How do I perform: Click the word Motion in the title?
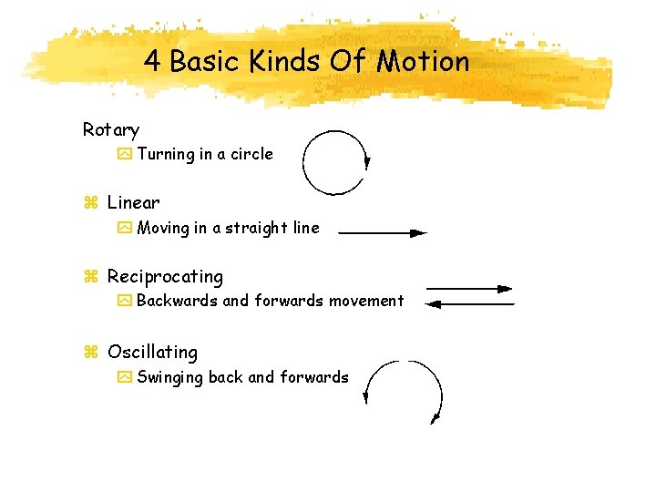click(424, 61)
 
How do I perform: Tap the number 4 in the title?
click(152, 61)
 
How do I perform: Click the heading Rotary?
click(110, 130)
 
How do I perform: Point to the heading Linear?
click(133, 202)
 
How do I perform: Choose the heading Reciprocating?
click(165, 276)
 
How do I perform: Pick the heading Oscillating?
click(152, 352)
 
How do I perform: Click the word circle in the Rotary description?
click(251, 154)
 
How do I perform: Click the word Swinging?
click(169, 377)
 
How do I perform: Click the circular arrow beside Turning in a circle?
click(334, 161)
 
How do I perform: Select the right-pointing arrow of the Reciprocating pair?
click(469, 289)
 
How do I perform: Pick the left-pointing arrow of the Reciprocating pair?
click(469, 303)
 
